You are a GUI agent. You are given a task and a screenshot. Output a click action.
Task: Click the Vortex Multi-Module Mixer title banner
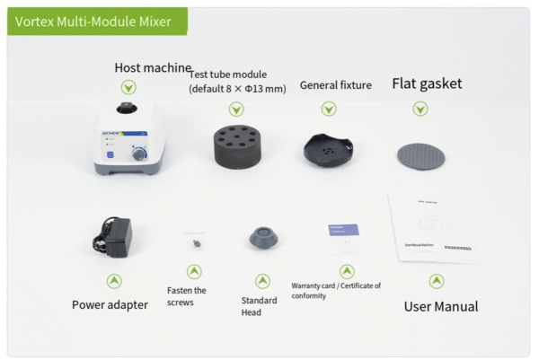[x=93, y=22]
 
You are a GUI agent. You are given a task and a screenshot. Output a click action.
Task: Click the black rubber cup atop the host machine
[x=126, y=110]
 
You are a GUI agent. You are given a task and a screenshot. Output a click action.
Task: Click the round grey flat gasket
[x=420, y=154]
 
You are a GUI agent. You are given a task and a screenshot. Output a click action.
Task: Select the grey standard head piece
[x=262, y=240]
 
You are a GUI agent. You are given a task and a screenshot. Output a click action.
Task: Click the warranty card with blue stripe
[x=344, y=239]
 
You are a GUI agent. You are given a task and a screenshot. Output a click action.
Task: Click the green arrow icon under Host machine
[x=129, y=88]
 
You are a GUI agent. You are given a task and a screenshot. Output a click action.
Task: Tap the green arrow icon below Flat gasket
[x=420, y=109]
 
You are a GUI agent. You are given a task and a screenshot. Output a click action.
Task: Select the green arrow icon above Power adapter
[x=114, y=281]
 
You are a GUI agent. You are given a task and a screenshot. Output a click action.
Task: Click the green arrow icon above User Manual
[x=437, y=281]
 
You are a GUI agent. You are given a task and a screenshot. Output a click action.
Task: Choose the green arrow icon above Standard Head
[x=262, y=281]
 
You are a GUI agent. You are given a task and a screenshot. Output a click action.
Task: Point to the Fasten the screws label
[x=187, y=296]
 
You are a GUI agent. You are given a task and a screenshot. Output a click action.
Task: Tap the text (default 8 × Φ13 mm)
[x=237, y=89]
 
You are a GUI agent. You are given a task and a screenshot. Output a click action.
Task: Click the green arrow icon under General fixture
[x=329, y=109]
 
